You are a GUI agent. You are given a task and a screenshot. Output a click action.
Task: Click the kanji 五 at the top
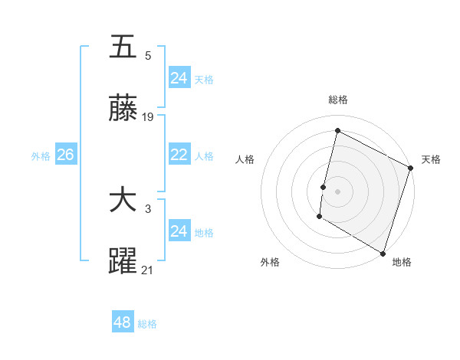[x=123, y=47]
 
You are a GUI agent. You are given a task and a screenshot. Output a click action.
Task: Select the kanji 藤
[x=123, y=110]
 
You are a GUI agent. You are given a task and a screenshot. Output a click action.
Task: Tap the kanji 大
[x=123, y=201]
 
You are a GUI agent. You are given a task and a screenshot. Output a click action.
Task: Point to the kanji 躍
[x=123, y=262]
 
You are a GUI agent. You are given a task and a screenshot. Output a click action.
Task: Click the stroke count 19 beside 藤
[x=149, y=117]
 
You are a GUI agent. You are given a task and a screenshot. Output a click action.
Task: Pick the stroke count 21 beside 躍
[x=148, y=270]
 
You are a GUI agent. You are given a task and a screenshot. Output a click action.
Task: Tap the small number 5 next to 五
[x=148, y=55]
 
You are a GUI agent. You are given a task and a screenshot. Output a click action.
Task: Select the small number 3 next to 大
[x=148, y=209]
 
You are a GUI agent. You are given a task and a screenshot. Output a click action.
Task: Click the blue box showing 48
[x=123, y=322]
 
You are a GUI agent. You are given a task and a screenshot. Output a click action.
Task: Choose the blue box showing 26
[x=65, y=155]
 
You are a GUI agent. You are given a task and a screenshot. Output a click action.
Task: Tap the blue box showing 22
[x=179, y=155]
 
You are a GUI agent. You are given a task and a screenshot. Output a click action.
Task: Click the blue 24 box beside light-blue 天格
[x=179, y=77]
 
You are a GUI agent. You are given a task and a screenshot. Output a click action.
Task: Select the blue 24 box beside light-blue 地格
[x=179, y=231]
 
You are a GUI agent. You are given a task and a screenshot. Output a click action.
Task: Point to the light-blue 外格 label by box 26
[x=41, y=155]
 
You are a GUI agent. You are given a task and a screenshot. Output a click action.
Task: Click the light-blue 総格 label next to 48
[x=147, y=323]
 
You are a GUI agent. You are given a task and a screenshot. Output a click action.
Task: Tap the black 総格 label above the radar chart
[x=337, y=100]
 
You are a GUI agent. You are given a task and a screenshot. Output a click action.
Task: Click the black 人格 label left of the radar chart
[x=245, y=159]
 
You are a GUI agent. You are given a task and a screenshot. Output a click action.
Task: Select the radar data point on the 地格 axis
[x=383, y=252]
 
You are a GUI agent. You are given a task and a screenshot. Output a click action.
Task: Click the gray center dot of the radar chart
[x=337, y=191]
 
